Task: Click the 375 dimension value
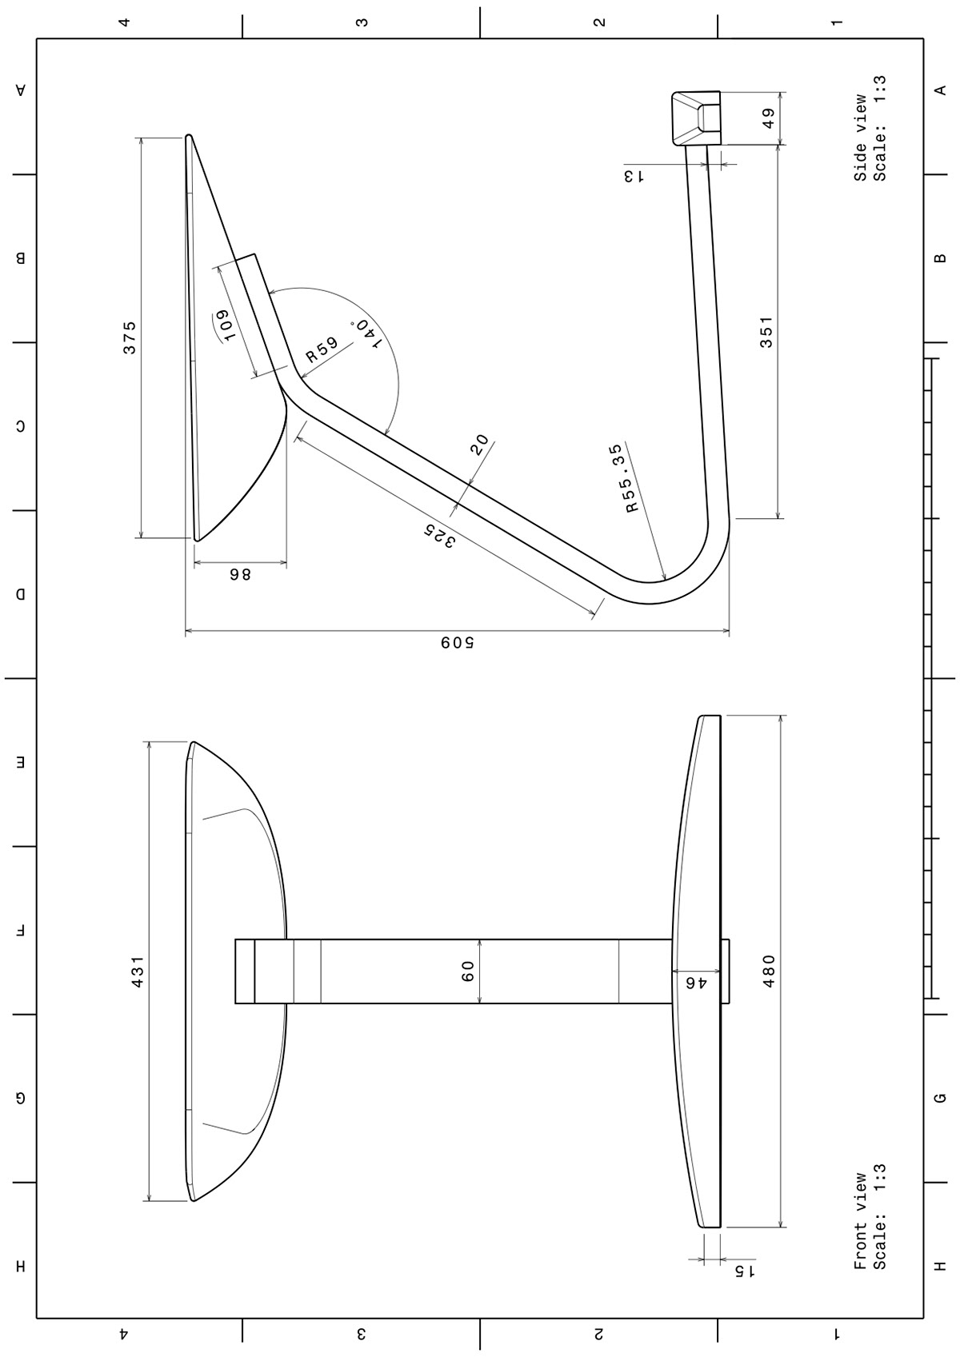tap(130, 337)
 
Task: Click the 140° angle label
tap(366, 333)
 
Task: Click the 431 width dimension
tap(138, 972)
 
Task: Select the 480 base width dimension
tap(769, 971)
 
